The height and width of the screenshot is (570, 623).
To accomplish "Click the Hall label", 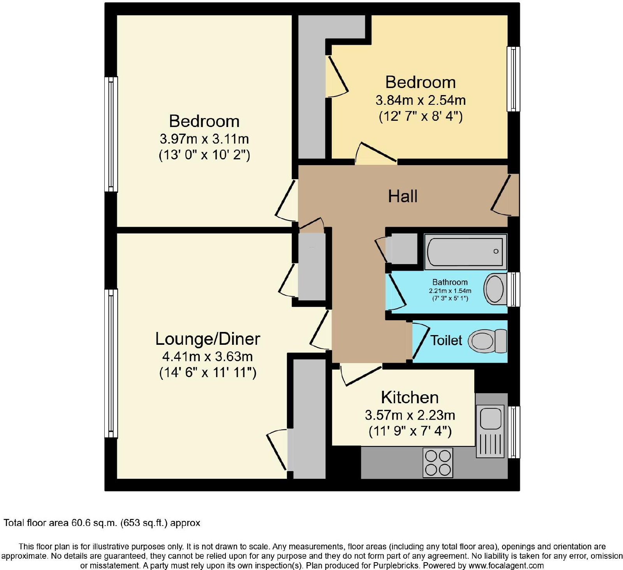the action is (403, 196).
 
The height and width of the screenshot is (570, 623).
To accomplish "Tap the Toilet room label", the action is (446, 340).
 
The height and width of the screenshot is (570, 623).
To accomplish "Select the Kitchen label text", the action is (410, 397).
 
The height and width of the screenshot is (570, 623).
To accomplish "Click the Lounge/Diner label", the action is (208, 339).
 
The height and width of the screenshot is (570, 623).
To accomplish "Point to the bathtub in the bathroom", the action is (465, 251).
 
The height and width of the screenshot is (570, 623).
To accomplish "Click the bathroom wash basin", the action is (495, 289).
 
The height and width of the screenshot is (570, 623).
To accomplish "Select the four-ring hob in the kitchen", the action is (438, 463).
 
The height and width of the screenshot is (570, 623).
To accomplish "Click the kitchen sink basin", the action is (491, 418).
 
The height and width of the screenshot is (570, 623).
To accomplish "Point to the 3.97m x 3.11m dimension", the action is (204, 139).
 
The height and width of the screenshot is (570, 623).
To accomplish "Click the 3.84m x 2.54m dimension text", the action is (421, 100).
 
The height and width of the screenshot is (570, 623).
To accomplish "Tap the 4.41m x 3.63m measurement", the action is (208, 356).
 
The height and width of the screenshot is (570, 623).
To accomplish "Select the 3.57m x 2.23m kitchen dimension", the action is (410, 415).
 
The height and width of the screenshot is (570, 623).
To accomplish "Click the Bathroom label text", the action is (450, 282).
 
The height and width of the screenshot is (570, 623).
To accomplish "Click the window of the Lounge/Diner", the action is (111, 363).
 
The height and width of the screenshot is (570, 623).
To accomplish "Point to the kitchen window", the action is (514, 432).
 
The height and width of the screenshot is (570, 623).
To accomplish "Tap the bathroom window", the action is (514, 289).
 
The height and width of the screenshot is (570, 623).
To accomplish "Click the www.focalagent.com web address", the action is (501, 565).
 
